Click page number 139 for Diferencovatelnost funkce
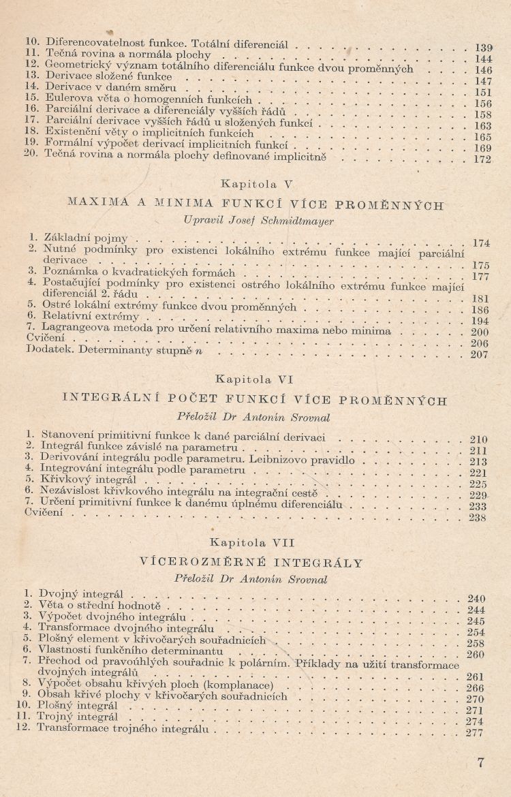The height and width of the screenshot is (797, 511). (x=482, y=48)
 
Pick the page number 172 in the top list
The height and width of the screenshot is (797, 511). (x=482, y=160)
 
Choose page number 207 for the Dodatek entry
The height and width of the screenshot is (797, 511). (x=480, y=354)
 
